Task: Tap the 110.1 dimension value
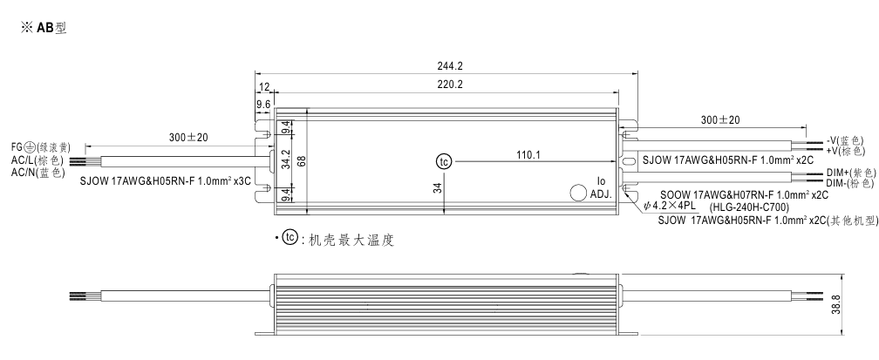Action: (529, 154)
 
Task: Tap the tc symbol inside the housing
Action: (445, 161)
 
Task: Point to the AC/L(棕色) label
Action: (38, 160)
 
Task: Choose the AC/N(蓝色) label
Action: (38, 172)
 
